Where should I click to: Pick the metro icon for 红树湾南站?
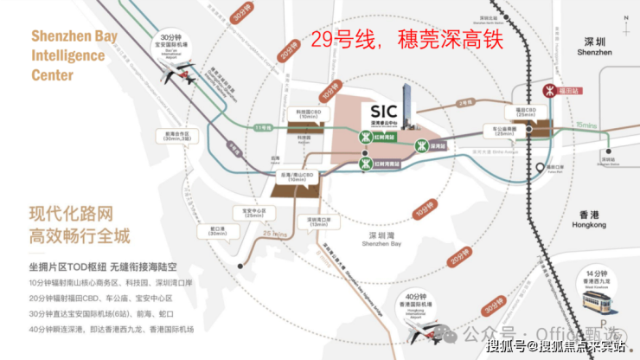point(367,163)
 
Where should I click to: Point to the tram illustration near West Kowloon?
point(596,302)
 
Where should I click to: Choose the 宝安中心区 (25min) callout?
point(253,213)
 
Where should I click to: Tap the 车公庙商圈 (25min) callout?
point(506,130)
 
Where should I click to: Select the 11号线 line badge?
point(263,128)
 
